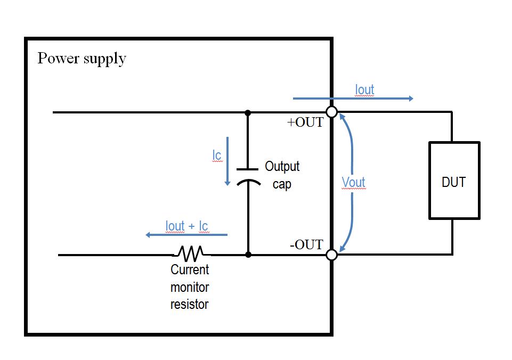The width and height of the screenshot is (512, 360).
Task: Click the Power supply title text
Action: tap(82, 58)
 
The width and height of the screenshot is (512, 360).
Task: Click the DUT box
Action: tap(454, 181)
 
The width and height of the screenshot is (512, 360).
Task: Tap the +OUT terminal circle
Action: tap(331, 112)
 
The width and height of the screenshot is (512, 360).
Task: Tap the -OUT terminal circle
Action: tap(331, 255)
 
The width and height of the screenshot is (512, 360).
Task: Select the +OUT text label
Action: tap(305, 122)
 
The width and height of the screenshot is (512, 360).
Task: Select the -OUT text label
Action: tap(306, 244)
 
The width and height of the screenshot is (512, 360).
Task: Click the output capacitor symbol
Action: tap(248, 175)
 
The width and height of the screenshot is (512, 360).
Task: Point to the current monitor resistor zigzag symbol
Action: tap(190, 252)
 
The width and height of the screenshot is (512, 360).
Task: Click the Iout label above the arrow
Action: tap(364, 89)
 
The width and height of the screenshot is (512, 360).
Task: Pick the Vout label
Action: tap(353, 183)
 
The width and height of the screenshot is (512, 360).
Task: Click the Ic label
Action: tap(217, 156)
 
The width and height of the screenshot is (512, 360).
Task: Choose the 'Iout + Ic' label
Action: tap(186, 226)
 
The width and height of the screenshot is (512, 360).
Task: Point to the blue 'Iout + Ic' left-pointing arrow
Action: tap(186, 235)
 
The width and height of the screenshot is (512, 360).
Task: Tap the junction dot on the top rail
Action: tap(248, 112)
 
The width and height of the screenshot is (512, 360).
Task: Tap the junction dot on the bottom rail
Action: tap(248, 255)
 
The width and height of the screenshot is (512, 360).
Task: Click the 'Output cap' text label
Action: tap(282, 175)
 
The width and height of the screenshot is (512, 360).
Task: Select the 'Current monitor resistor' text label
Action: tap(190, 287)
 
